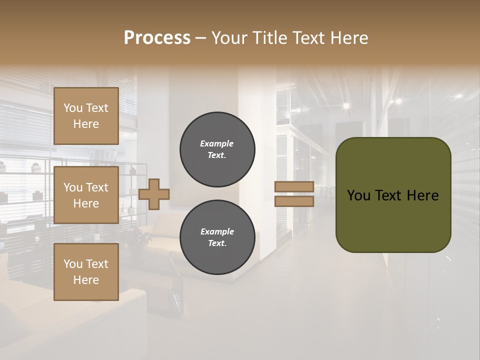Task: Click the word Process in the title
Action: pyautogui.click(x=157, y=38)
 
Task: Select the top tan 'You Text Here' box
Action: pyautogui.click(x=86, y=116)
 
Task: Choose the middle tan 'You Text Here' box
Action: pyautogui.click(x=86, y=195)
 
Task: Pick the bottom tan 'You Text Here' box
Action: pyautogui.click(x=86, y=272)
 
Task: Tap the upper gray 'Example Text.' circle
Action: pyautogui.click(x=217, y=149)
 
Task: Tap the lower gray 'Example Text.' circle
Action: pyautogui.click(x=217, y=237)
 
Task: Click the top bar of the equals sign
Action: pyautogui.click(x=294, y=187)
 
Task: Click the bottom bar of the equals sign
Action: pyautogui.click(x=294, y=201)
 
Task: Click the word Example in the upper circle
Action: pyautogui.click(x=217, y=143)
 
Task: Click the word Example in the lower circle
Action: pyautogui.click(x=217, y=231)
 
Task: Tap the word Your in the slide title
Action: pyautogui.click(x=231, y=38)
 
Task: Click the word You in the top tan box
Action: pyautogui.click(x=73, y=108)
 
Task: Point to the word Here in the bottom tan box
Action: pyautogui.click(x=86, y=280)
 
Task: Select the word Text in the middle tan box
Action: pyautogui.click(x=97, y=187)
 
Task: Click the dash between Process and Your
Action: pyautogui.click(x=201, y=38)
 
